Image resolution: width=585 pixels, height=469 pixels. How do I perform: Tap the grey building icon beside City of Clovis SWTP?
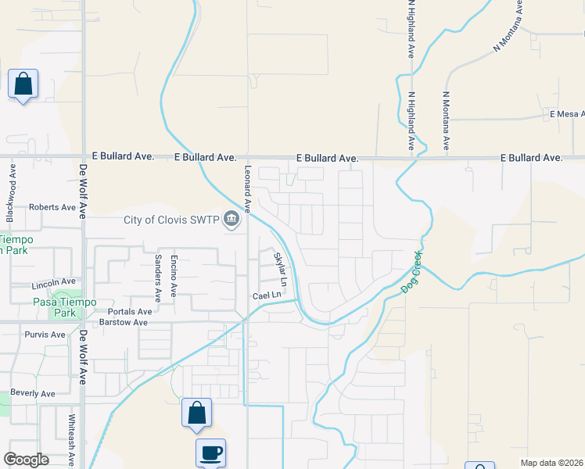tap(231, 220)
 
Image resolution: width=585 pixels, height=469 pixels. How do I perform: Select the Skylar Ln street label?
tap(280, 269)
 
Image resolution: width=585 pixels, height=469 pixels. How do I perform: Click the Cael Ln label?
tap(266, 295)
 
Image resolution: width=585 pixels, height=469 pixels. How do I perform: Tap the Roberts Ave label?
tap(52, 208)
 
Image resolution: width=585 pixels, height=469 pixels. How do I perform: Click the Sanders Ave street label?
tap(157, 277)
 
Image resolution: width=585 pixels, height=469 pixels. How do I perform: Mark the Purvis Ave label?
tap(45, 335)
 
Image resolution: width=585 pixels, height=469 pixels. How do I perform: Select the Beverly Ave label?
tap(34, 394)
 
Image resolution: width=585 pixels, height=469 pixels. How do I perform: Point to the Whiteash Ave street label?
tap(70, 436)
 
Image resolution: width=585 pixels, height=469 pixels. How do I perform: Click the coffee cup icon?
tap(210, 453)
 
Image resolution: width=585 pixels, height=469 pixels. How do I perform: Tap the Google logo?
tap(27, 460)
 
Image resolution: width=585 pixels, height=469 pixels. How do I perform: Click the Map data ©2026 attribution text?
tap(551, 463)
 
